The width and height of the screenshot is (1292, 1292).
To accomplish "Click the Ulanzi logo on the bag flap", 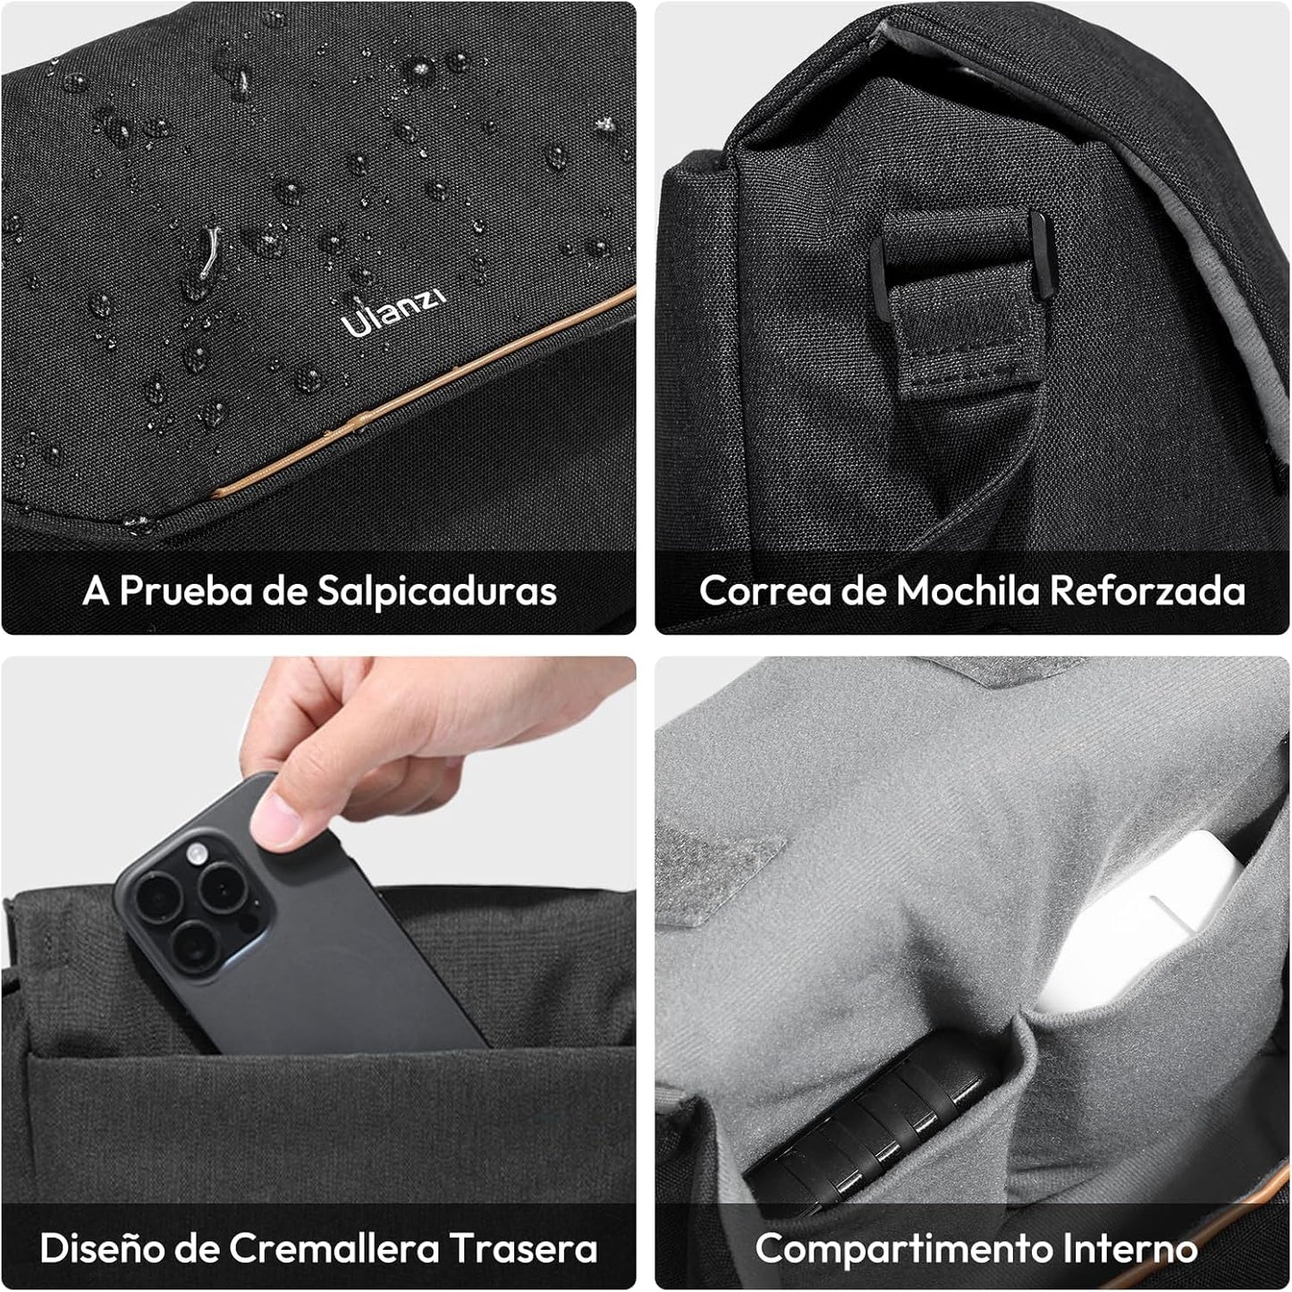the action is click(393, 312).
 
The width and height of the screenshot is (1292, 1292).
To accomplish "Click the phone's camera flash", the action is click(196, 854).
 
